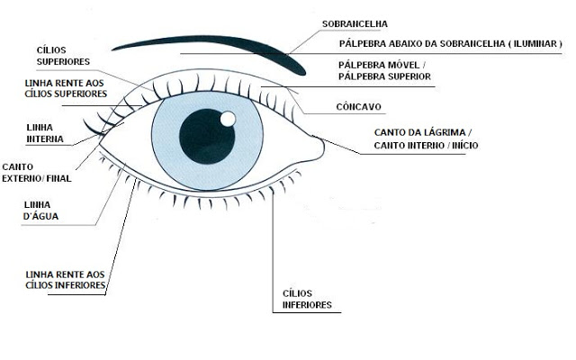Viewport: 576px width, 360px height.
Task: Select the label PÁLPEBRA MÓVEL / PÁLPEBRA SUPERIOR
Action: (x=383, y=71)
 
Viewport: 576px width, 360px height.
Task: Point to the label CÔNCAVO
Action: (x=358, y=106)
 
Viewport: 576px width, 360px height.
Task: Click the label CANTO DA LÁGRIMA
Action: (x=420, y=132)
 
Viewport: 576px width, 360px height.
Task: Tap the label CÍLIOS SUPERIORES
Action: (x=63, y=57)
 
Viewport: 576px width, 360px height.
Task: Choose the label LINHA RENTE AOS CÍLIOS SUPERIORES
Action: (x=67, y=87)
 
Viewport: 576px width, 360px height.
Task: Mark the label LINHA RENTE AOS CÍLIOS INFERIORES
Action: (x=67, y=280)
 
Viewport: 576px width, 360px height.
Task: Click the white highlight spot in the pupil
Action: (x=228, y=118)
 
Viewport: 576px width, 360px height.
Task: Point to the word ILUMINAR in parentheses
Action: (x=533, y=43)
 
